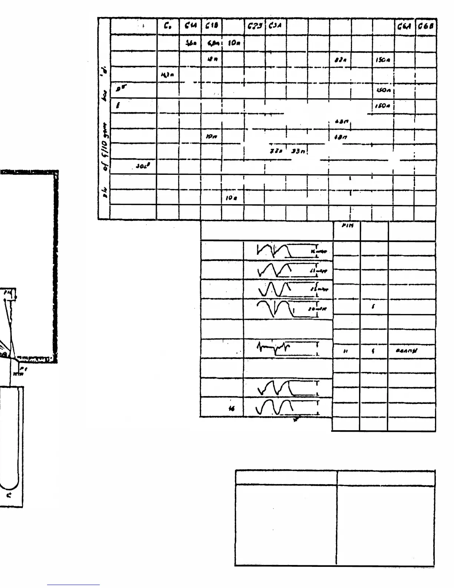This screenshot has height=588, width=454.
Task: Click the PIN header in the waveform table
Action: [x=345, y=228]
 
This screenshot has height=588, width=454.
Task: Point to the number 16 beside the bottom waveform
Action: [x=232, y=409]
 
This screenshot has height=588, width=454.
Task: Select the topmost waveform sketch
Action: [x=275, y=251]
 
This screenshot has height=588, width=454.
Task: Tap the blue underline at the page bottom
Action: [x=73, y=585]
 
